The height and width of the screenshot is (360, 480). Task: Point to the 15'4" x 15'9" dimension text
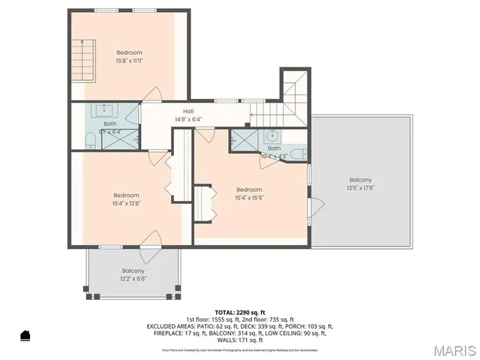click(x=249, y=197)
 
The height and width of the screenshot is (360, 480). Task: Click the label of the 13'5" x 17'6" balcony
click(x=360, y=179)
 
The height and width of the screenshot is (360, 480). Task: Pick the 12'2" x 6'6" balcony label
click(x=133, y=271)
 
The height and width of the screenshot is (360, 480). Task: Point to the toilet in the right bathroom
click(x=297, y=154)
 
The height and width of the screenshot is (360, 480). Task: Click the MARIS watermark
click(x=449, y=349)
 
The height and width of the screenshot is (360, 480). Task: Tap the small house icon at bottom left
click(x=25, y=334)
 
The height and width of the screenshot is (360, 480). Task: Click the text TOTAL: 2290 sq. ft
click(x=240, y=312)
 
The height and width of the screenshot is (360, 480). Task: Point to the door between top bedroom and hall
click(x=153, y=95)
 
